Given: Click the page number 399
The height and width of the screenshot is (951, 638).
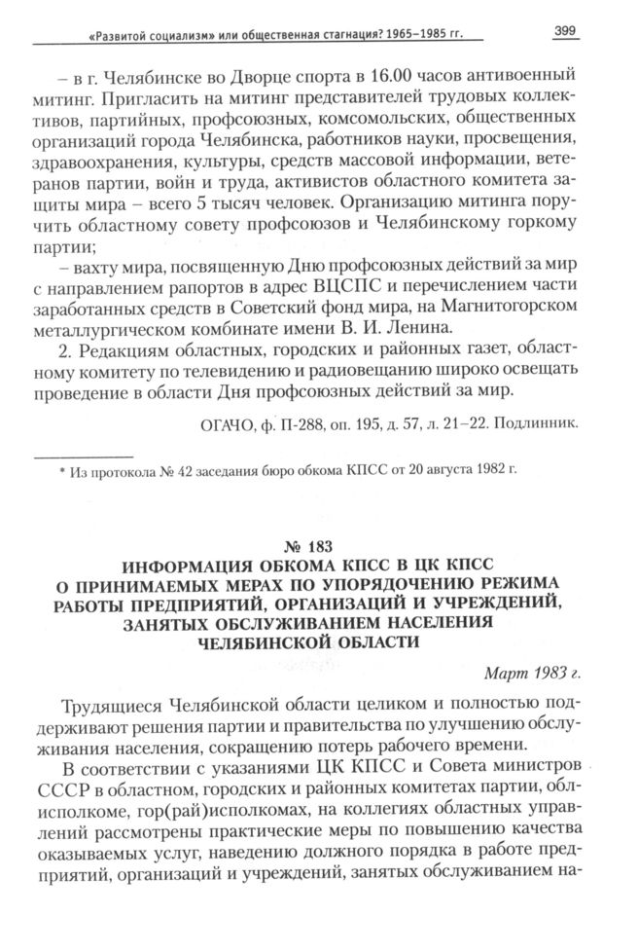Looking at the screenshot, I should point(565,31).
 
